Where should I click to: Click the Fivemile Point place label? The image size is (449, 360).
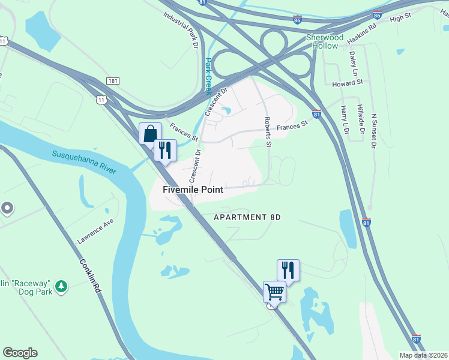click(x=193, y=190)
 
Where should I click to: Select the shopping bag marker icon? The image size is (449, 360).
click(x=150, y=133)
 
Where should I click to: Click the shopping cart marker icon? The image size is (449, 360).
click(x=274, y=292)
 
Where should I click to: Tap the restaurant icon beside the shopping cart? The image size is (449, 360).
click(x=288, y=270)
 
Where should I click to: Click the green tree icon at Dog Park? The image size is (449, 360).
click(x=61, y=287)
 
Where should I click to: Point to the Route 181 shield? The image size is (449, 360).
click(x=113, y=80)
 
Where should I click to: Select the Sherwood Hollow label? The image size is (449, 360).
click(x=325, y=41)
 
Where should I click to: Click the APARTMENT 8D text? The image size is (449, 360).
click(x=247, y=217)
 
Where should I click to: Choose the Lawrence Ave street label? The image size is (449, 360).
click(x=95, y=231)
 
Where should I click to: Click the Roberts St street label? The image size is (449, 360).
click(x=268, y=132)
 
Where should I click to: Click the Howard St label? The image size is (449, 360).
click(x=348, y=83)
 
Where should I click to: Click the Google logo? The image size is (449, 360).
click(x=20, y=352)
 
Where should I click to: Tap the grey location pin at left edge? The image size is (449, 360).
click(x=7, y=208)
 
